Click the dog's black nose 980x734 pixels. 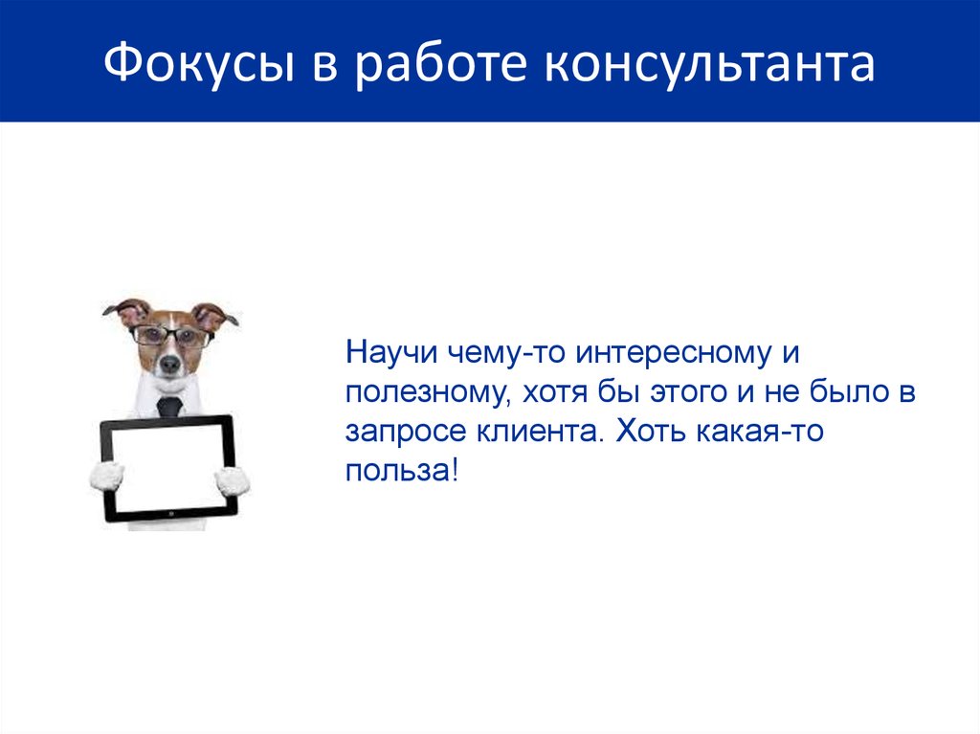(x=170, y=365)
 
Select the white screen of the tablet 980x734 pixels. (x=168, y=468)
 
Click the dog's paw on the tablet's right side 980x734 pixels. (x=232, y=480)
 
